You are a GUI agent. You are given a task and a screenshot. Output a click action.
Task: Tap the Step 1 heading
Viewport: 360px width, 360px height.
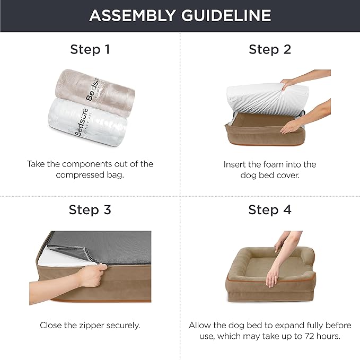[90, 50]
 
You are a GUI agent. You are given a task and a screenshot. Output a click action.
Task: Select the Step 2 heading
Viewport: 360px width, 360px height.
[270, 50]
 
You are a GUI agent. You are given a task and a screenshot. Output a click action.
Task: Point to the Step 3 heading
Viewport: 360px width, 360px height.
[90, 210]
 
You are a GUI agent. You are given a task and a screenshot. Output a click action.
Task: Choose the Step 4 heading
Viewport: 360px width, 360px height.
[270, 210]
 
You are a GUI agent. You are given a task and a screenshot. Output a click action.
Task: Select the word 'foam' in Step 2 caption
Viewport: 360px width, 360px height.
[274, 164]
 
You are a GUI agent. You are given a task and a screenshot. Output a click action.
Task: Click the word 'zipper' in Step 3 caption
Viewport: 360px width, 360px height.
[90, 325]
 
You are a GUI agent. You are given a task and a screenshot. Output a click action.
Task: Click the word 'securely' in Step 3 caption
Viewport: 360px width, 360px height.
[122, 325]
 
